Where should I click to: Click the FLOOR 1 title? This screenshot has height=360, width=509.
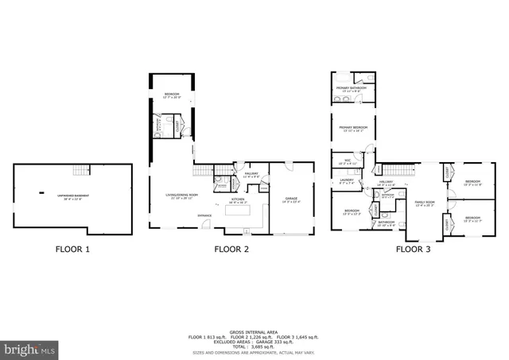(72, 249)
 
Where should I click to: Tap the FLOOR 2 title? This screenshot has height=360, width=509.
(231, 249)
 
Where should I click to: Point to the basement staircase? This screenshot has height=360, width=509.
(80, 171)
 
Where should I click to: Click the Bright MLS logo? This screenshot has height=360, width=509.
(30, 349)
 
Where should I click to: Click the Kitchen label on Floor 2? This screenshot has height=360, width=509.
(238, 200)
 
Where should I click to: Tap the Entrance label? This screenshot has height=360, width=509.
(182, 215)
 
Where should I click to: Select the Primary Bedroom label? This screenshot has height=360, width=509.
(352, 128)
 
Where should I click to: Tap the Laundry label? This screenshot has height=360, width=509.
(346, 180)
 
